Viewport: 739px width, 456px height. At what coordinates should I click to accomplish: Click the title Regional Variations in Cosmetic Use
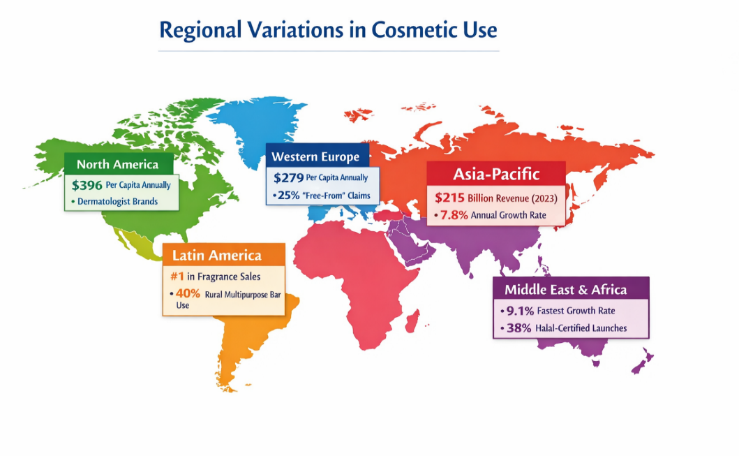pos(328,30)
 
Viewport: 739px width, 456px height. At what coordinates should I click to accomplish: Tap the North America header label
pos(118,164)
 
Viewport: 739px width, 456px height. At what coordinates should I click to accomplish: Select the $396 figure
pos(87,185)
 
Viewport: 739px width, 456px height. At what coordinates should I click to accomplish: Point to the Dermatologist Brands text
pos(118,201)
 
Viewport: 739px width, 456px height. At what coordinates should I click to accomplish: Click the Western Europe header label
pos(315,156)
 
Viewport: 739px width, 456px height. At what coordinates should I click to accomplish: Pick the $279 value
pos(288,178)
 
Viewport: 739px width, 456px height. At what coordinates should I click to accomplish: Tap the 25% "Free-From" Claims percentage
pos(288,196)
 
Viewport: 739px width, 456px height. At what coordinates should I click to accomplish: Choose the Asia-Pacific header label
pos(496,174)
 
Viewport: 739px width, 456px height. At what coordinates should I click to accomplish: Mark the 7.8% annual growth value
pos(454,215)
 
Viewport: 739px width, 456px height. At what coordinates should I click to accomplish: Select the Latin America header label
pos(217,255)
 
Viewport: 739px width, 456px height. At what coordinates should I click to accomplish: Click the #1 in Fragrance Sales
pos(177,277)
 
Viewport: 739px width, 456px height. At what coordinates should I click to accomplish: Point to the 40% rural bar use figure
pos(188,293)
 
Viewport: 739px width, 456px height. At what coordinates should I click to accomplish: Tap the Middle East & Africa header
pos(565,290)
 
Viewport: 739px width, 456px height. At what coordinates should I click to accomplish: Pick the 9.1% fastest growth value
pos(520,311)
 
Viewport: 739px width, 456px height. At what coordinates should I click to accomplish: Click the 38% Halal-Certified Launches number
pos(519,328)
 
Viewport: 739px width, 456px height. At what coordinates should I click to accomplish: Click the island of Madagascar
pos(412,321)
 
